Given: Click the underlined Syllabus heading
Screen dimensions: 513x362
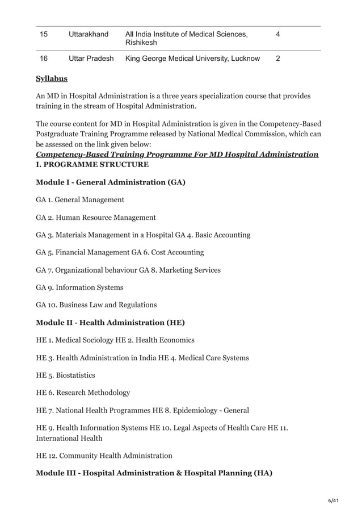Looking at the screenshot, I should pos(52,78).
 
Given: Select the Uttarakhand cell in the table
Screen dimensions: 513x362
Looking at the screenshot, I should pos(88,35).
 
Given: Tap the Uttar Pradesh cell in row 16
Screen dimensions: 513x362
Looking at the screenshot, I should pos(91,59).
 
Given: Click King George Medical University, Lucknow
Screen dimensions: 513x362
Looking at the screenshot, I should pos(192,59).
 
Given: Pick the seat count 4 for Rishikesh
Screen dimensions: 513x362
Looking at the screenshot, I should pos(277,35).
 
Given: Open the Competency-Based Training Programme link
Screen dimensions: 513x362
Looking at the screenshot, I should pos(176,155).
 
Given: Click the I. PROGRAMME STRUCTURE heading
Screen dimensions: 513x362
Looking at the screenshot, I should pos(92,165).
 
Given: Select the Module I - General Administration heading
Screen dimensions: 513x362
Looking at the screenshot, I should pos(111,182).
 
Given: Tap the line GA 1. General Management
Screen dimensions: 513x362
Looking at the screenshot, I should pos(80,200).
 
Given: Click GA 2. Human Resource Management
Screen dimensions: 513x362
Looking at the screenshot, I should pos(96,218).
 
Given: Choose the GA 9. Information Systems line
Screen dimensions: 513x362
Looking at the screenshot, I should pos(79,287).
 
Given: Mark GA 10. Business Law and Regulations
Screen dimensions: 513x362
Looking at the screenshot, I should pos(96,305).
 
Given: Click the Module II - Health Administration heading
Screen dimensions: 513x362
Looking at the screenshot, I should pos(110,323).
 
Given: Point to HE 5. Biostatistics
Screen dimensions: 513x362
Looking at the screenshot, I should pos(65,376).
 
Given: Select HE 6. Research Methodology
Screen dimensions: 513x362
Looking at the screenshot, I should pos(83,393).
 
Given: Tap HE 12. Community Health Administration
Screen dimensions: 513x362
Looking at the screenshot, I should pos(104,456).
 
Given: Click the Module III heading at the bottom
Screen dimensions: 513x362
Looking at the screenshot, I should pos(154,473).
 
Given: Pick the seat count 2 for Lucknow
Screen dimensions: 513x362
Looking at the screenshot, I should pos(277,59).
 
